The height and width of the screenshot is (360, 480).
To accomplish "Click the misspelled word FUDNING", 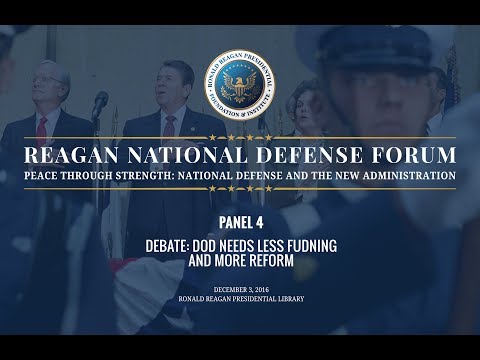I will point(310,244).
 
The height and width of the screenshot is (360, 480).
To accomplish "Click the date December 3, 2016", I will point(240,289).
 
